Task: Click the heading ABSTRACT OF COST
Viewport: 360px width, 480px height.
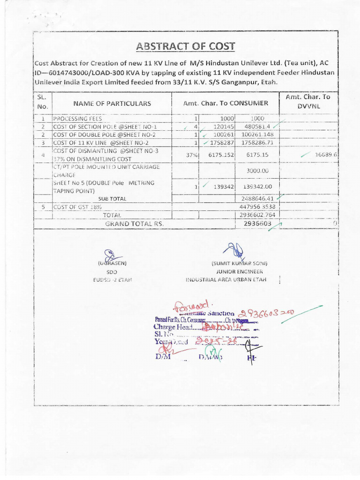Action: (185, 46)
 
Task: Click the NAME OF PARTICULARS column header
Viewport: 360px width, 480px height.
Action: (112, 103)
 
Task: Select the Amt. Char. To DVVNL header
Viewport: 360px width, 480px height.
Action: (307, 101)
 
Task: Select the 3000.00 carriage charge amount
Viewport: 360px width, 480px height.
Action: (257, 171)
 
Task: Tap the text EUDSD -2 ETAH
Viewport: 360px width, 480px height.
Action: (112, 280)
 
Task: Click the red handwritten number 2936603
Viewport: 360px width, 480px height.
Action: (260, 313)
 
